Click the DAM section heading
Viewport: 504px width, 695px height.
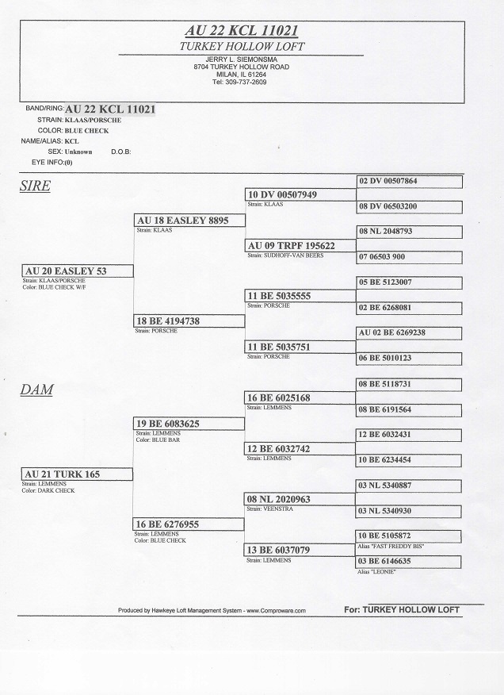(36, 390)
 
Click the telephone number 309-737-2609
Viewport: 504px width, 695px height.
(246, 82)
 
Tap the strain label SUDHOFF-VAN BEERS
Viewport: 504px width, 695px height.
(286, 255)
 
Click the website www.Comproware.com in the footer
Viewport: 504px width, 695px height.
(267, 610)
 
